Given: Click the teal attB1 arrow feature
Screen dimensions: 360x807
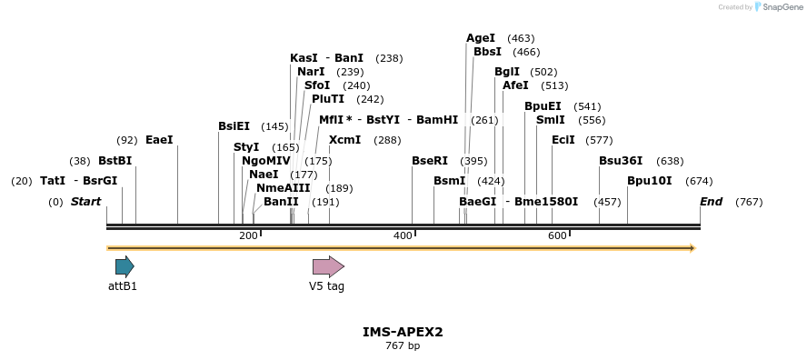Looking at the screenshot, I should tap(125, 266).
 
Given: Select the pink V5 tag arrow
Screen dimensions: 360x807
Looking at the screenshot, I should tap(328, 266).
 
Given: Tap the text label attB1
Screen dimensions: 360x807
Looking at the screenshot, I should tap(123, 285).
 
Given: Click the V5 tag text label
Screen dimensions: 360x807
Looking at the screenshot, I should tap(327, 285).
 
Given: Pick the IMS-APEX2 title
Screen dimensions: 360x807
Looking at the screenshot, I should tap(403, 332).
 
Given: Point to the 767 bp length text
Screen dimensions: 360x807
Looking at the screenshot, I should tap(403, 345).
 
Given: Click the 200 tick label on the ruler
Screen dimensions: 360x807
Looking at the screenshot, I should tap(248, 236).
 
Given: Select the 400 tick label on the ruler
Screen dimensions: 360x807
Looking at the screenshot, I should tap(403, 236).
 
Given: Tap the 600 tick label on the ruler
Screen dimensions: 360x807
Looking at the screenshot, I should tap(557, 236).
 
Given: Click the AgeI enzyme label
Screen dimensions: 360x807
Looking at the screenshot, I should tap(481, 38).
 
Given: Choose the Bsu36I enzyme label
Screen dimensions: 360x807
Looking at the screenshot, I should tap(621, 161).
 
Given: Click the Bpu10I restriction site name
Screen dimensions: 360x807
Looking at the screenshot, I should tap(650, 181).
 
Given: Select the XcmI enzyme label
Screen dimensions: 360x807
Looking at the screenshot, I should tap(345, 140).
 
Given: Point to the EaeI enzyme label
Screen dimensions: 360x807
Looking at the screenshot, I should tap(159, 140).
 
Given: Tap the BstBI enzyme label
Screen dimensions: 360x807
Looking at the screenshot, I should tap(115, 161).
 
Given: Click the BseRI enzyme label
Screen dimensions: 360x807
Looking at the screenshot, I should tap(430, 161).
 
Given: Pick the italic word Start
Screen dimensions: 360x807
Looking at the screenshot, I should tap(86, 202).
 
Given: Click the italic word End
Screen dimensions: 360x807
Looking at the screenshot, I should tap(711, 202).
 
